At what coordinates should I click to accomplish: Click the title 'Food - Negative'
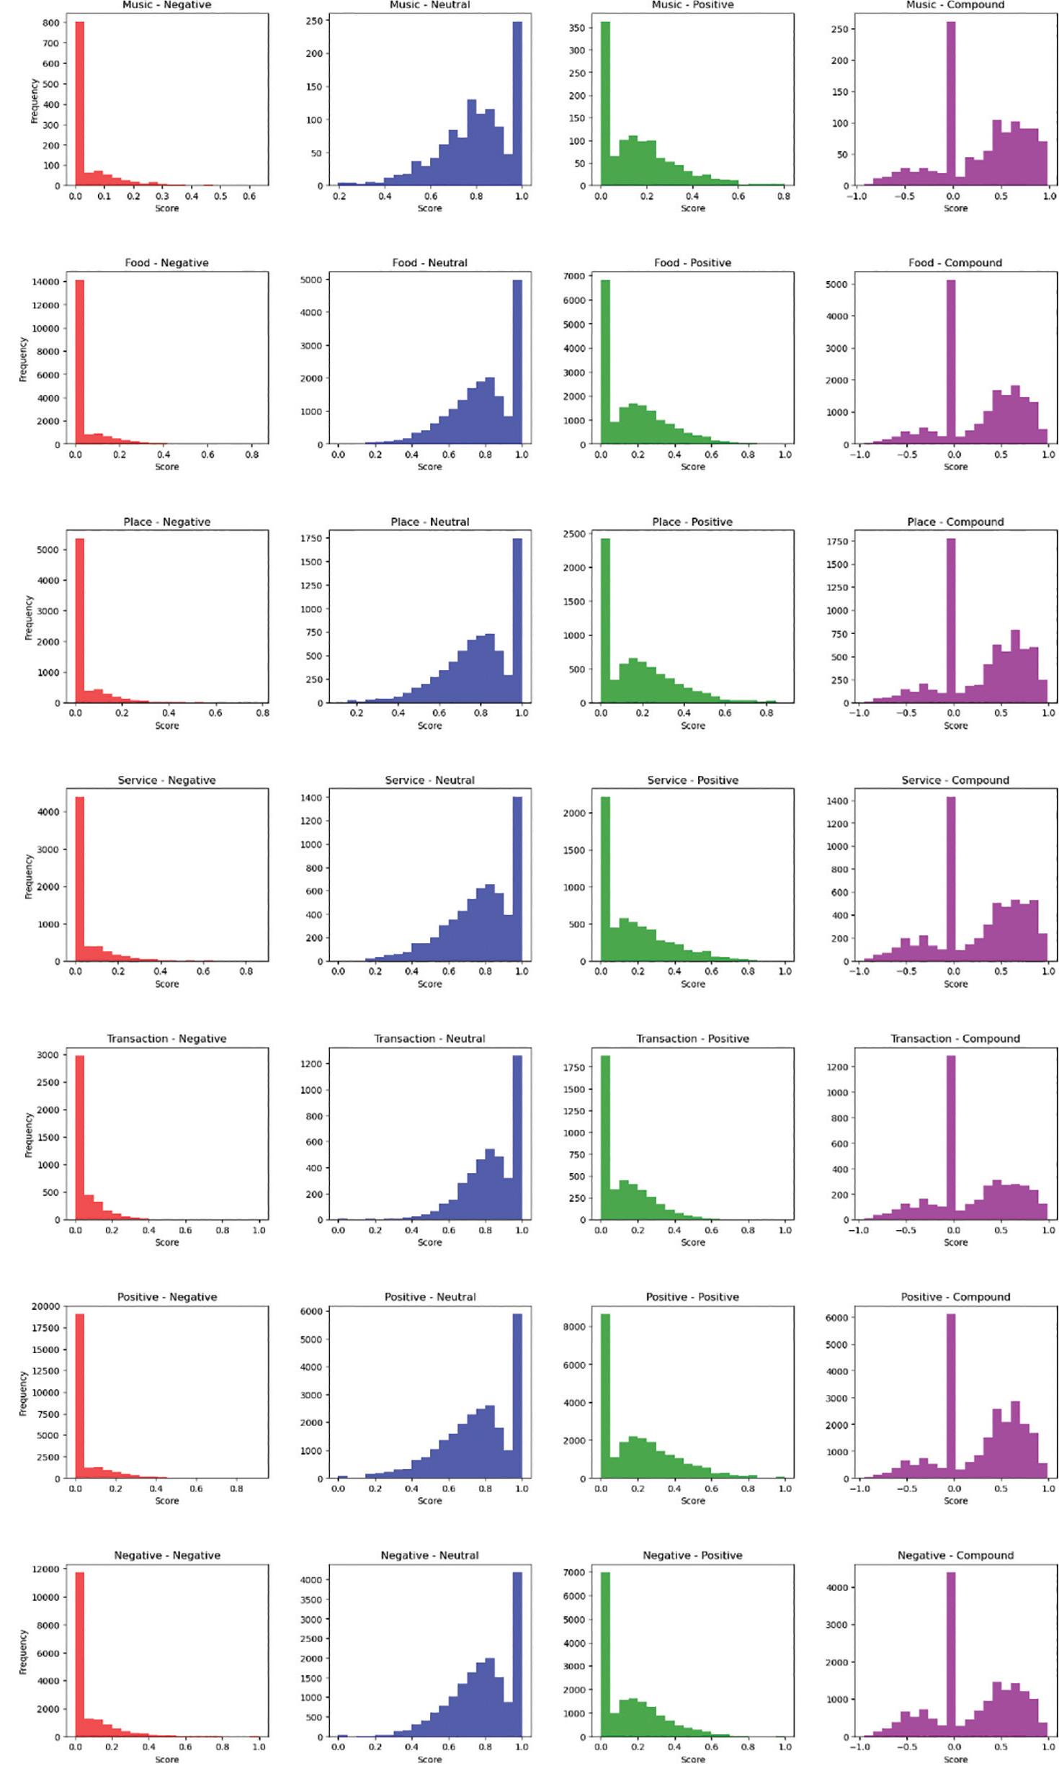(166, 263)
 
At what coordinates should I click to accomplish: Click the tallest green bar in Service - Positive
(605, 878)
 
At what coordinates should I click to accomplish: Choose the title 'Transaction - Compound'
(955, 1038)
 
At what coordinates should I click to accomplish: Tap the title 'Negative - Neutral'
(429, 1556)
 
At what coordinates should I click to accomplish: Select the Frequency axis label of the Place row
(29, 617)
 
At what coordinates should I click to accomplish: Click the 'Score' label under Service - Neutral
(429, 983)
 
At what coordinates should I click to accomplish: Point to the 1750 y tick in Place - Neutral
(310, 538)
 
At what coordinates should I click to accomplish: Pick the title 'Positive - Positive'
(692, 1297)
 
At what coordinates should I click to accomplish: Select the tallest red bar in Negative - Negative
(79, 1655)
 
